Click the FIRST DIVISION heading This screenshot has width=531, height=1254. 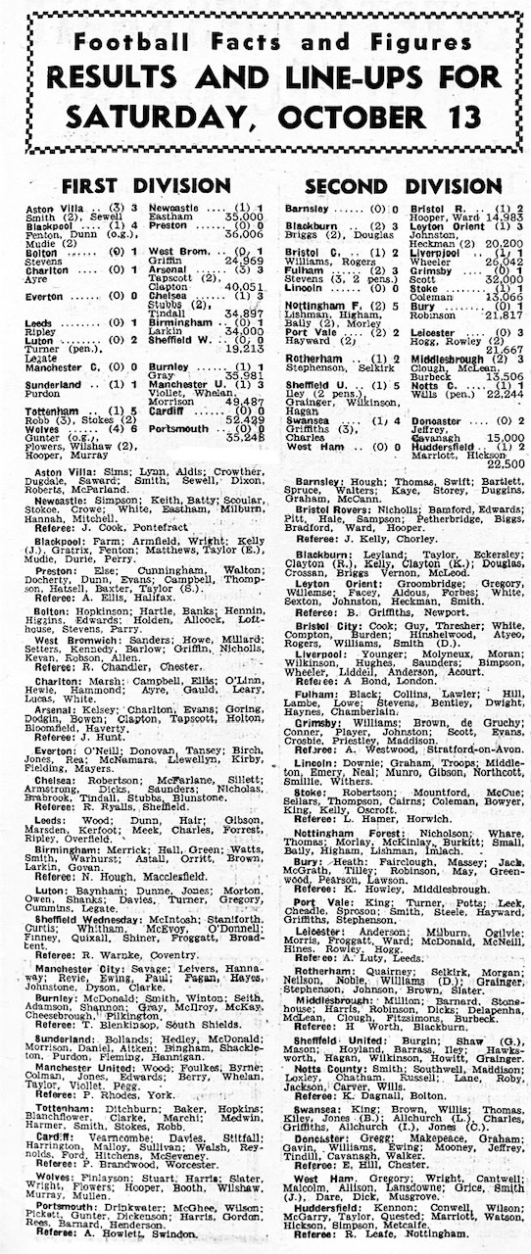[x=146, y=185]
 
